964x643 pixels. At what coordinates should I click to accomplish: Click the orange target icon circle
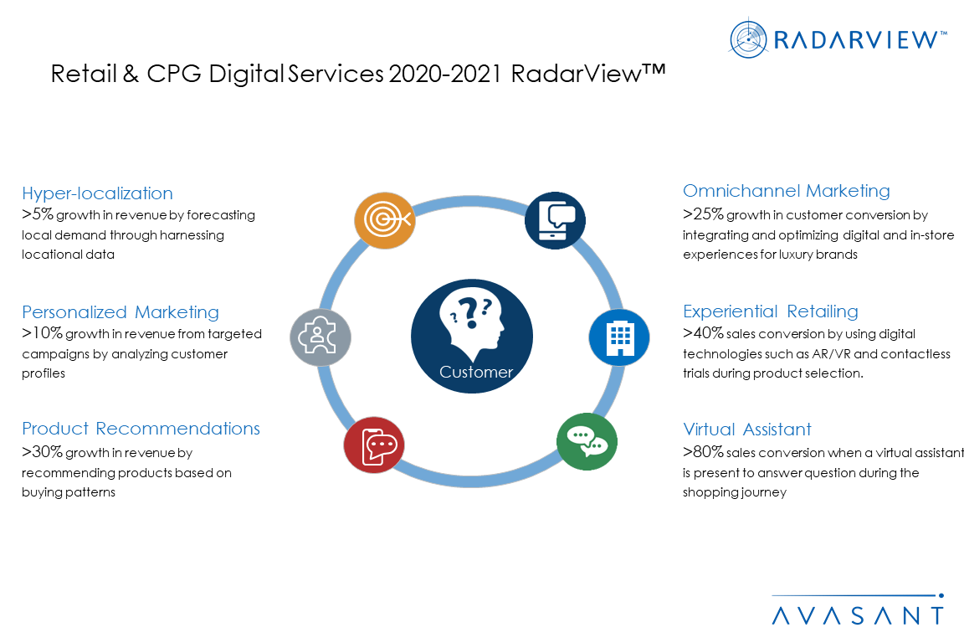(385, 220)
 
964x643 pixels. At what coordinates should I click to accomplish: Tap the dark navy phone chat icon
(555, 220)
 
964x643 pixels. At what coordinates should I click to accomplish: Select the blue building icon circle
(619, 337)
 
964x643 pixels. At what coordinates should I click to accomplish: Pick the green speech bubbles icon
(587, 442)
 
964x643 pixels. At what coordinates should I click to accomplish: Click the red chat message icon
(374, 445)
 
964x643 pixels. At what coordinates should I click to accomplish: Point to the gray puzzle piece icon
(320, 337)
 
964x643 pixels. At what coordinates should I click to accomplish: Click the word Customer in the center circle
(476, 372)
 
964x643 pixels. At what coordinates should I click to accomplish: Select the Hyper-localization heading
(97, 193)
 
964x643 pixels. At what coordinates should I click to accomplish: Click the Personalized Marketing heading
(120, 312)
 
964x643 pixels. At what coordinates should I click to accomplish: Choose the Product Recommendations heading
(141, 429)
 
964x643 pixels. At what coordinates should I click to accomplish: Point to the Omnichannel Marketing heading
(787, 191)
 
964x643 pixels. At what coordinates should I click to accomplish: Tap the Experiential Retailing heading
(771, 311)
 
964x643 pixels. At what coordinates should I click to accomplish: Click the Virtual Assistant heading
(747, 429)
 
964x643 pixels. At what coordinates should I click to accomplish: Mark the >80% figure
(703, 451)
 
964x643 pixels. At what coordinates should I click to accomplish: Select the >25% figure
(703, 214)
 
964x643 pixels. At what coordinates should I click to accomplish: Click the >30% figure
(42, 451)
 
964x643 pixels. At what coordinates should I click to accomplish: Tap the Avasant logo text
(858, 615)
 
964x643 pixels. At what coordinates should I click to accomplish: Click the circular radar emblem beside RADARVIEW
(748, 39)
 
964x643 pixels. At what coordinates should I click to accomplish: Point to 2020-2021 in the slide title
(445, 74)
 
